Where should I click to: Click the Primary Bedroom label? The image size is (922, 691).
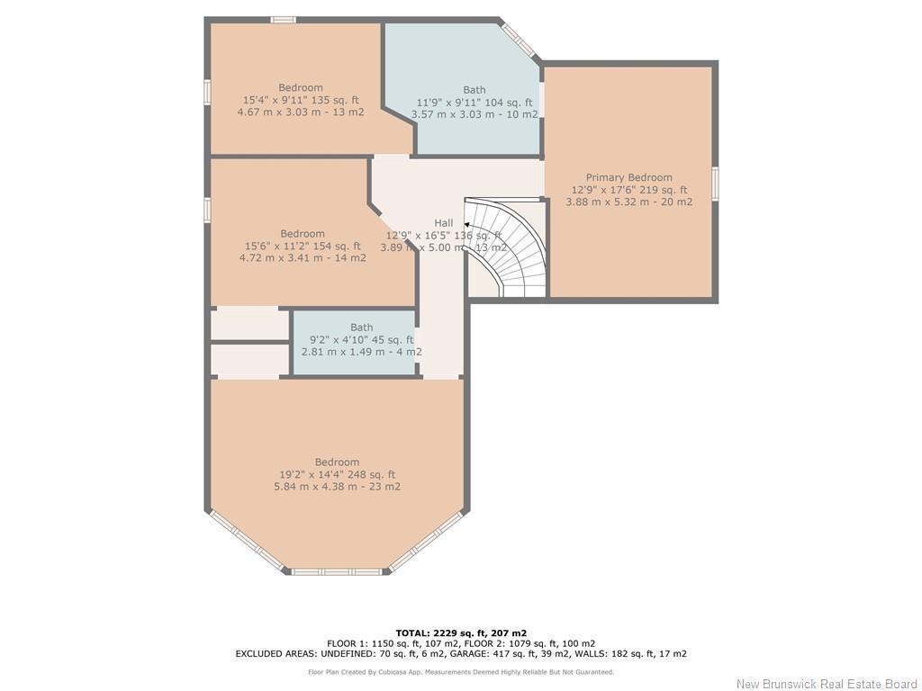628,177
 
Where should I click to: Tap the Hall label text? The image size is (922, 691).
444,223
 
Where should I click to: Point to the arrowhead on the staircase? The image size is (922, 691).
467,226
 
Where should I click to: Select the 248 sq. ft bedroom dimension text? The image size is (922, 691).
337,474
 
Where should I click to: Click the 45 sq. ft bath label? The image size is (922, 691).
361,328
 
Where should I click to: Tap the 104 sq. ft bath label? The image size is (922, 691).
475,90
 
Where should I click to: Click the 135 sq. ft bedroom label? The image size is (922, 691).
300,88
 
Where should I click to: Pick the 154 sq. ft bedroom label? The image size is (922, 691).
302,234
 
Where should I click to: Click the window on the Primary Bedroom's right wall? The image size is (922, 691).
715,182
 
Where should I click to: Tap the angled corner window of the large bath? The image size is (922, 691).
520,39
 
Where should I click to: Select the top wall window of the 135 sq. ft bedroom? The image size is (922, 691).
284,20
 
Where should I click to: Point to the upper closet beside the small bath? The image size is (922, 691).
249,324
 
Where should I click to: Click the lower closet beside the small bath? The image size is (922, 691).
249,359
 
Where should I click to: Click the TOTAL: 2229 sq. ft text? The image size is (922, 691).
461,633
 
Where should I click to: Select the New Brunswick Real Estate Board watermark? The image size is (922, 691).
827,684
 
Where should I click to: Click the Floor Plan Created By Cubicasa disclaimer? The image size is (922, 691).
461,672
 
